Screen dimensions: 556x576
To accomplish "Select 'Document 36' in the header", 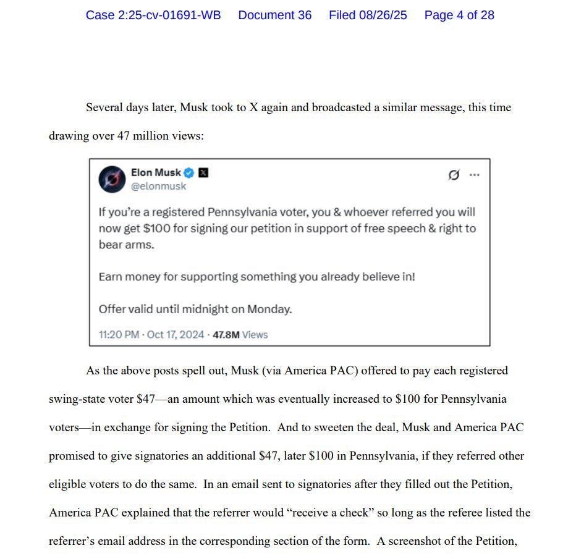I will pyautogui.click(x=275, y=15).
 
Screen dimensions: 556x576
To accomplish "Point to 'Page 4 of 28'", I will pyautogui.click(x=459, y=15).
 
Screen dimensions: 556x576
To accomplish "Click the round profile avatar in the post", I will pyautogui.click(x=112, y=179).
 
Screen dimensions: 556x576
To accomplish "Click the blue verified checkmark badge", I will pyautogui.click(x=189, y=173).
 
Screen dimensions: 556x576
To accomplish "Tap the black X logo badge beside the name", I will pyautogui.click(x=203, y=173).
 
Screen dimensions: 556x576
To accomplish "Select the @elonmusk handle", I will pyautogui.click(x=158, y=186).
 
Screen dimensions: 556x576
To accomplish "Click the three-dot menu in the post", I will pyautogui.click(x=474, y=175).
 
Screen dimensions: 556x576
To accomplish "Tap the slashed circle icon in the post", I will pyautogui.click(x=454, y=175).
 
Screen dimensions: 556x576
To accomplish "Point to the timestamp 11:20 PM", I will pyautogui.click(x=119, y=335).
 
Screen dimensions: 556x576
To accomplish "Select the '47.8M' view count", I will pyautogui.click(x=226, y=335).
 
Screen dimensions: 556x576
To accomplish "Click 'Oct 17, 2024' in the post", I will pyautogui.click(x=176, y=335).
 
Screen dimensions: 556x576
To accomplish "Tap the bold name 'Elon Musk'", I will pyautogui.click(x=156, y=173).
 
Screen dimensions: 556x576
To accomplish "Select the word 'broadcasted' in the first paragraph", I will pyautogui.click(x=341, y=107).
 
